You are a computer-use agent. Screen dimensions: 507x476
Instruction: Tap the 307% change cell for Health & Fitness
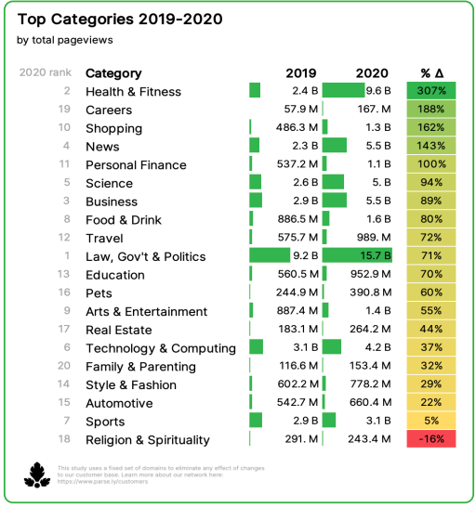click(431, 91)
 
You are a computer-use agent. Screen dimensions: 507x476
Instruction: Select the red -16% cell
click(431, 440)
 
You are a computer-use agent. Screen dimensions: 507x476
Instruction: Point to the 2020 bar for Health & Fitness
click(343, 91)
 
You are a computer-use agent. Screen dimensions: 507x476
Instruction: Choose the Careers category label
click(109, 110)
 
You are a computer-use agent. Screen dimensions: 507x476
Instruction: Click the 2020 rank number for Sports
click(67, 422)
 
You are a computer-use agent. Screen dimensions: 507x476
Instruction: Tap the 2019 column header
click(300, 73)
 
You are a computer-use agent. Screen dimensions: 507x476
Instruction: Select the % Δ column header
click(432, 73)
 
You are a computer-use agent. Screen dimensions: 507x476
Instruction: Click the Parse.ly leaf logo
click(36, 474)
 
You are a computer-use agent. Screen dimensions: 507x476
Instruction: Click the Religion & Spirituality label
click(148, 440)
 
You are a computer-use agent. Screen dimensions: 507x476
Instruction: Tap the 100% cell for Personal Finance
click(431, 164)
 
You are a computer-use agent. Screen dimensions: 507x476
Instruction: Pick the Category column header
click(113, 73)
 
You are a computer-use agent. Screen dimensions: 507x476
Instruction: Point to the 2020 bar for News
click(334, 146)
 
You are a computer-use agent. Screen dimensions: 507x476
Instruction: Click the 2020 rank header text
click(44, 73)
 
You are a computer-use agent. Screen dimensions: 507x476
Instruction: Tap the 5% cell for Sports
click(431, 422)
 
